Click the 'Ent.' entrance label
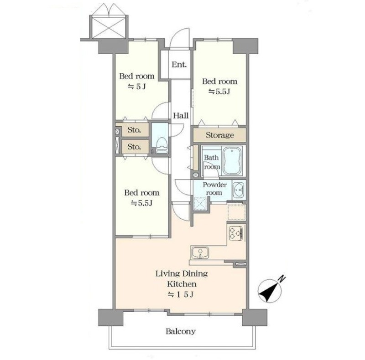[179, 64]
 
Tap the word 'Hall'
[181, 115]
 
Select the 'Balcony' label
[181, 331]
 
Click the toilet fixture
[162, 145]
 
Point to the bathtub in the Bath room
[233, 161]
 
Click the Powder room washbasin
[238, 189]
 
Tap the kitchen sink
[200, 253]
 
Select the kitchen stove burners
[236, 233]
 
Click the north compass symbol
[270, 290]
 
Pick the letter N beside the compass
[282, 278]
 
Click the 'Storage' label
[220, 135]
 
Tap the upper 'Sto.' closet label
[134, 130]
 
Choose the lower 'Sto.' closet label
[134, 147]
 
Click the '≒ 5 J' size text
[136, 87]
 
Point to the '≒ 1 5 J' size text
[181, 295]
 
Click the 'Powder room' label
[214, 189]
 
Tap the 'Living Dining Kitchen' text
[182, 278]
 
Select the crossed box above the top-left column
[109, 27]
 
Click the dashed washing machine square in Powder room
[201, 204]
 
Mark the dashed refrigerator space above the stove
[236, 212]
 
